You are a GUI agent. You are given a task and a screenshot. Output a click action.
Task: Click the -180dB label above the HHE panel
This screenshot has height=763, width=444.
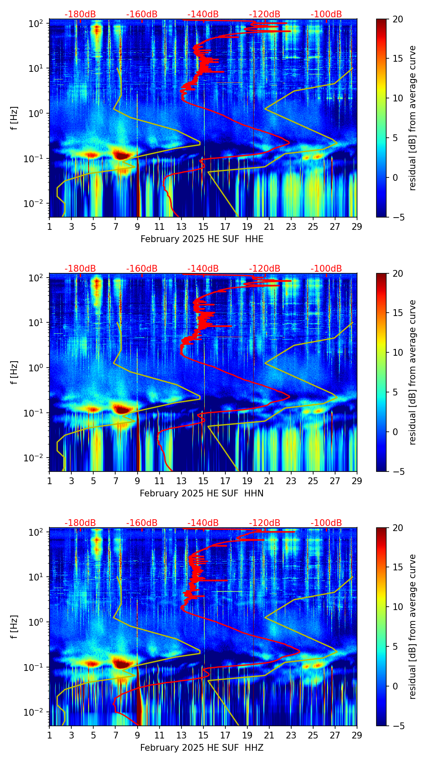[80, 14]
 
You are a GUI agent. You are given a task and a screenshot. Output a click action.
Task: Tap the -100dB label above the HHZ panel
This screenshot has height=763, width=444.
[326, 523]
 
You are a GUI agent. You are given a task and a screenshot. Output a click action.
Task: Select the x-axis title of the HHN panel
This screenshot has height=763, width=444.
[202, 493]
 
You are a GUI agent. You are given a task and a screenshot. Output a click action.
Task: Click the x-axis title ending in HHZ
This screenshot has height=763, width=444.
[202, 747]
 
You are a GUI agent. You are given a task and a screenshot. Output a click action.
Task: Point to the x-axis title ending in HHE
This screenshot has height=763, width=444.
[202, 239]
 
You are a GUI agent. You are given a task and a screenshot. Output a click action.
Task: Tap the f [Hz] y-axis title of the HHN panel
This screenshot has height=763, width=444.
[14, 372]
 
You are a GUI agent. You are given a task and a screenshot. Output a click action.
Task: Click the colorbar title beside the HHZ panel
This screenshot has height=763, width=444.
[412, 627]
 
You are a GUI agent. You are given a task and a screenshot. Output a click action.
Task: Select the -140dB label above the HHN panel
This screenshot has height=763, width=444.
[203, 269]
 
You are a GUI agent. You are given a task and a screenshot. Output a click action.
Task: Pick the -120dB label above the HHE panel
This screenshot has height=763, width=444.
[265, 14]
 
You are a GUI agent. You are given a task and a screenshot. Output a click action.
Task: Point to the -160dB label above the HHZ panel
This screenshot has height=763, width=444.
[142, 523]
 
